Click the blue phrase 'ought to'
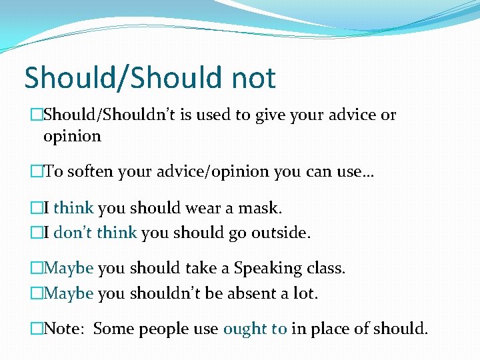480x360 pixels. pos(255,329)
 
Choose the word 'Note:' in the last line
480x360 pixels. pos(65,329)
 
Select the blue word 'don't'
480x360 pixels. pos(73,233)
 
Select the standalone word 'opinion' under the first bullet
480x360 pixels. pos(72,137)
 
